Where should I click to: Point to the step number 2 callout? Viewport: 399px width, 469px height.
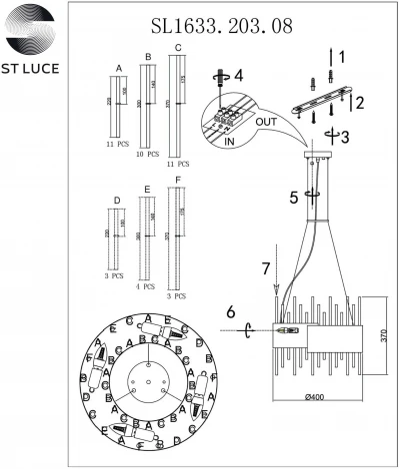359,101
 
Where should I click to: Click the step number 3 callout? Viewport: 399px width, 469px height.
345,137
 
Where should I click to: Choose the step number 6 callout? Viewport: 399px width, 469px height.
232,312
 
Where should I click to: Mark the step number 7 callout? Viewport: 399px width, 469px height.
265,268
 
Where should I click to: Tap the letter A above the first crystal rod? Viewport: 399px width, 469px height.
119,68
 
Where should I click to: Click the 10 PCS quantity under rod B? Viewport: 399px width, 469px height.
147,155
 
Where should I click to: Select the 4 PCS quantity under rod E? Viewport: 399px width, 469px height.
147,286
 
